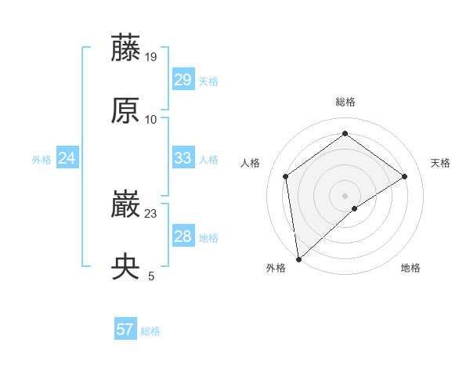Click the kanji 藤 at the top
coord(126,49)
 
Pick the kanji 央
coord(126,267)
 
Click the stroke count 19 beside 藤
coord(152,56)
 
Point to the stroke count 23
coord(152,213)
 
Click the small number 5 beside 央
coord(151,276)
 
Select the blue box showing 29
coord(183,80)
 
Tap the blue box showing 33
coord(183,158)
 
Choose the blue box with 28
coord(183,236)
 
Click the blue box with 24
coord(67,158)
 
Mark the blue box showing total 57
coord(125,330)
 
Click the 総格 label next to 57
coord(150,331)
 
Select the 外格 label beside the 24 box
coord(42,160)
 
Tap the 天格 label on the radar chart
coord(440,163)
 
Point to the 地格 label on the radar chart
coord(410,268)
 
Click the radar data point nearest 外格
coord(298,258)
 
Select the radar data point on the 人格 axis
coord(286,176)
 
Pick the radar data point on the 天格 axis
coord(404,176)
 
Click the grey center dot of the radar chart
coord(345,195)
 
